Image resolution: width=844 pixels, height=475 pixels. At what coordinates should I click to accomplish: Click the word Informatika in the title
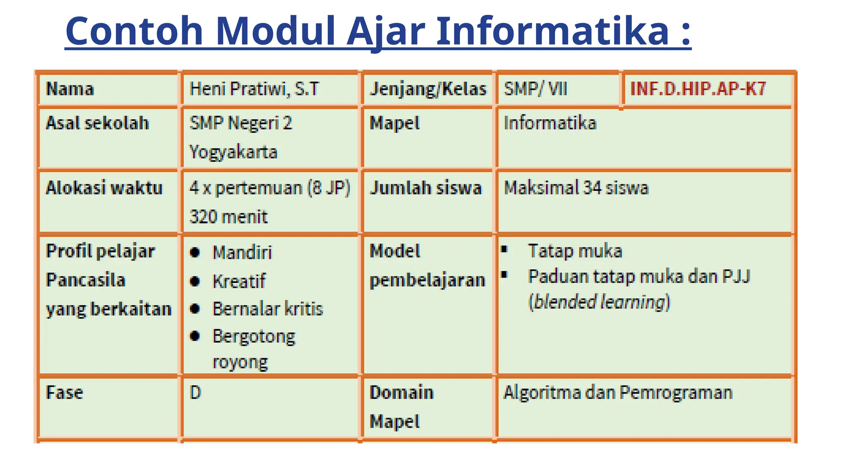pos(552,31)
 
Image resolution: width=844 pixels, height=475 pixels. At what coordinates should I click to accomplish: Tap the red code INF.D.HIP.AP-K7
pos(698,89)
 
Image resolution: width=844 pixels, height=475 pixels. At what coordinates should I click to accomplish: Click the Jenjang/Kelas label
pos(428,89)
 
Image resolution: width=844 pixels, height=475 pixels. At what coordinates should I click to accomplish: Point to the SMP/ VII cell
pos(535,89)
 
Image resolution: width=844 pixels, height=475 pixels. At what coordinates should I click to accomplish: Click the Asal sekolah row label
pos(97,123)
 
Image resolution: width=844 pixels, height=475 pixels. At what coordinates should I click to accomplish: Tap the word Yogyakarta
pos(233,152)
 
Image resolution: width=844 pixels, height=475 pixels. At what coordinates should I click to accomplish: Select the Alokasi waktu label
pos(104,188)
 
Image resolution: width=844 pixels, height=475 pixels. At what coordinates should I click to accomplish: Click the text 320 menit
pos(228,217)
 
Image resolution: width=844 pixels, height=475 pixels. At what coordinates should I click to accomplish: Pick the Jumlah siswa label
pos(425,188)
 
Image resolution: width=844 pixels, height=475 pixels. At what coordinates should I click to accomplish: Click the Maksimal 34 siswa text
pos(576,188)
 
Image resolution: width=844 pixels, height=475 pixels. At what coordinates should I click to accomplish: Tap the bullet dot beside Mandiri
pos(195,252)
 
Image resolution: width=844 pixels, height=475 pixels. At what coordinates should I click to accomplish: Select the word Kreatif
pos(239,282)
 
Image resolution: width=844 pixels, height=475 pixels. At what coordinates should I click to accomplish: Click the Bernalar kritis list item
pos(267,309)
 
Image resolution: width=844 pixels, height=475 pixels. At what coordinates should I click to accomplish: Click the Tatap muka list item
pos(575,251)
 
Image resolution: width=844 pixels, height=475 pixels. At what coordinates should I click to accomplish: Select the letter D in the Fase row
pos(195,393)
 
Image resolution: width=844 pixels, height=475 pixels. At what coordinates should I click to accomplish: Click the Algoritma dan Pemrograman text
pos(618,393)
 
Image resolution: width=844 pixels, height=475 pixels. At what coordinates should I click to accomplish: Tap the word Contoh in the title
pos(134,31)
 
